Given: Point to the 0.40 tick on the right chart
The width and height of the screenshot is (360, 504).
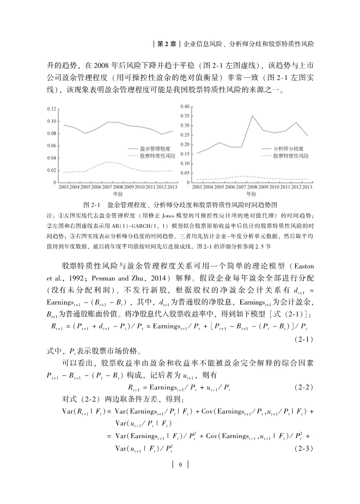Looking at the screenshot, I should pyautogui.click(x=185, y=106).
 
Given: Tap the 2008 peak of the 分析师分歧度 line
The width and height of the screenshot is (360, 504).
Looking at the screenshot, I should pyautogui.click(x=252, y=116).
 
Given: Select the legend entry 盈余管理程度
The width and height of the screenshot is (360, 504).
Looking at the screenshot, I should pyautogui.click(x=155, y=148).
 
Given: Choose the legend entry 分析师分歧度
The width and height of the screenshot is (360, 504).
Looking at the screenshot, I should pyautogui.click(x=288, y=148).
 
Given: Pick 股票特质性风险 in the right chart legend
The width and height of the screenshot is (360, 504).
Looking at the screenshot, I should pyautogui.click(x=291, y=155).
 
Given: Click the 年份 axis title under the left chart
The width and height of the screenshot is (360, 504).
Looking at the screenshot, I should pyautogui.click(x=117, y=194).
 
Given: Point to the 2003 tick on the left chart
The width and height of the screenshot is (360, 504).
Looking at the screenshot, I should pyautogui.click(x=64, y=187).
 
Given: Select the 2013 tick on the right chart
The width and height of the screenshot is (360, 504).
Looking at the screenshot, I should pyautogui.click(x=307, y=187).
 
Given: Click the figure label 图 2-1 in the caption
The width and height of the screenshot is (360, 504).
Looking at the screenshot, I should pyautogui.click(x=91, y=205).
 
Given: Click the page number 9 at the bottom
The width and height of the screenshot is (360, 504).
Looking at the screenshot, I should pyautogui.click(x=180, y=465).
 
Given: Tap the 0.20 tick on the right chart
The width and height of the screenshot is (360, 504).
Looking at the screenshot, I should pyautogui.click(x=185, y=144).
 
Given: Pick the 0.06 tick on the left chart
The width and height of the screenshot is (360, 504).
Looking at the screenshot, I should pyautogui.click(x=52, y=146).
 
